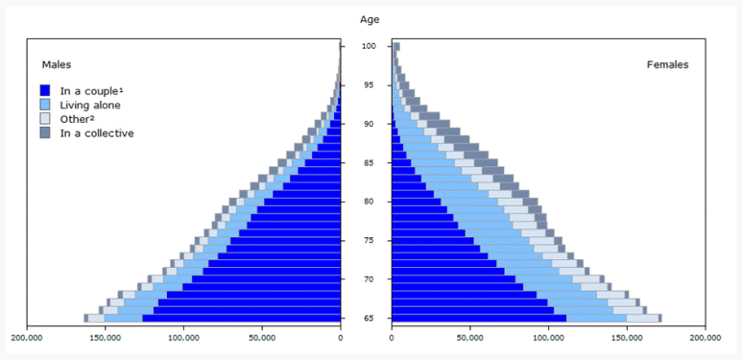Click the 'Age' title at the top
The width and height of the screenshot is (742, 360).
point(370,19)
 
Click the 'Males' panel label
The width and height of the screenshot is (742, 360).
point(55,63)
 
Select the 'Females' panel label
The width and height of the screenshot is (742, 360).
point(666,64)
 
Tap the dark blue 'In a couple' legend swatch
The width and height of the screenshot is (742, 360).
point(45,91)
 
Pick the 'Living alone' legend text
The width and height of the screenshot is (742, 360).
point(90,105)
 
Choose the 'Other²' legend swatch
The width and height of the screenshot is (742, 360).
point(45,119)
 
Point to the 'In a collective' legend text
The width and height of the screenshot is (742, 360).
point(97,132)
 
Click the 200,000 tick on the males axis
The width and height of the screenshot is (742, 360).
point(27,338)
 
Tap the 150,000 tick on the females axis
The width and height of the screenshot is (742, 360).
point(627,338)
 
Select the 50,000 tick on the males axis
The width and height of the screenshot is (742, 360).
point(262,338)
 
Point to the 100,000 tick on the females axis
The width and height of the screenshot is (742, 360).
point(548,338)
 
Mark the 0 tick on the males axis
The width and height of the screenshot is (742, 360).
point(341,338)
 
